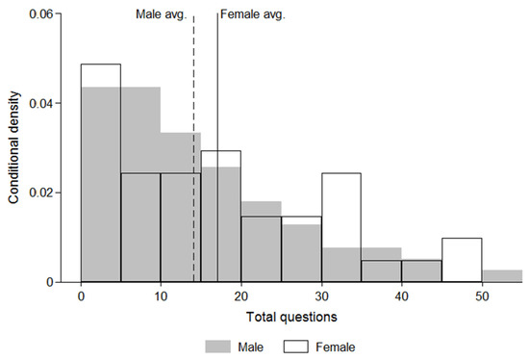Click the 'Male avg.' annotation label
pos(160,14)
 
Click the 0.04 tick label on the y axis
pos(53,103)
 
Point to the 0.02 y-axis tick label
pos(53,193)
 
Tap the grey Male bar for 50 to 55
pos(502,276)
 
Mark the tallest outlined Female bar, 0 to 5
pos(101,173)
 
